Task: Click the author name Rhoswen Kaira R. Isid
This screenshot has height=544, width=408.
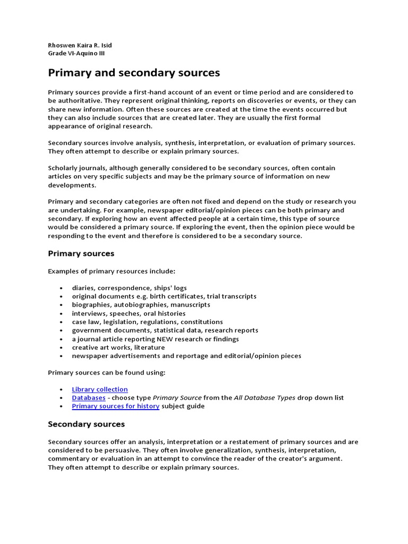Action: tap(80, 45)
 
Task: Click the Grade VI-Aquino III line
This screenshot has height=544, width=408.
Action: tap(80, 53)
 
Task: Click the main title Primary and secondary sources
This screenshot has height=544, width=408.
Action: tap(134, 72)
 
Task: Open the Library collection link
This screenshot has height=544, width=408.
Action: tap(100, 389)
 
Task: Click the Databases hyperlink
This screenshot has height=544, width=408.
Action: tap(88, 398)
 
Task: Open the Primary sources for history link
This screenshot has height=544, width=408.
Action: tap(115, 406)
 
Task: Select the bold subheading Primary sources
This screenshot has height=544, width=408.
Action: tap(81, 253)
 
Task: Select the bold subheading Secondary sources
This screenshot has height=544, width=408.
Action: tap(86, 424)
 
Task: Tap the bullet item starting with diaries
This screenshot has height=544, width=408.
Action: tap(129, 288)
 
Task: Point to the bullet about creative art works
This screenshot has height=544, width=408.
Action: tap(118, 347)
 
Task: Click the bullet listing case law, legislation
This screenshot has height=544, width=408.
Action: tap(147, 322)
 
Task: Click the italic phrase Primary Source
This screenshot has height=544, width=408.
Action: tap(177, 398)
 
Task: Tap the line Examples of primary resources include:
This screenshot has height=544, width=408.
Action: tap(111, 271)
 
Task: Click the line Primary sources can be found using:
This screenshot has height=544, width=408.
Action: tap(106, 372)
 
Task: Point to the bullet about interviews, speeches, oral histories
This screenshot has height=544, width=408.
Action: tap(129, 313)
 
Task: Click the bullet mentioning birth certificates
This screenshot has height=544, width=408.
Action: tap(164, 296)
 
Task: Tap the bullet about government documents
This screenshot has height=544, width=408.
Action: tap(165, 330)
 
